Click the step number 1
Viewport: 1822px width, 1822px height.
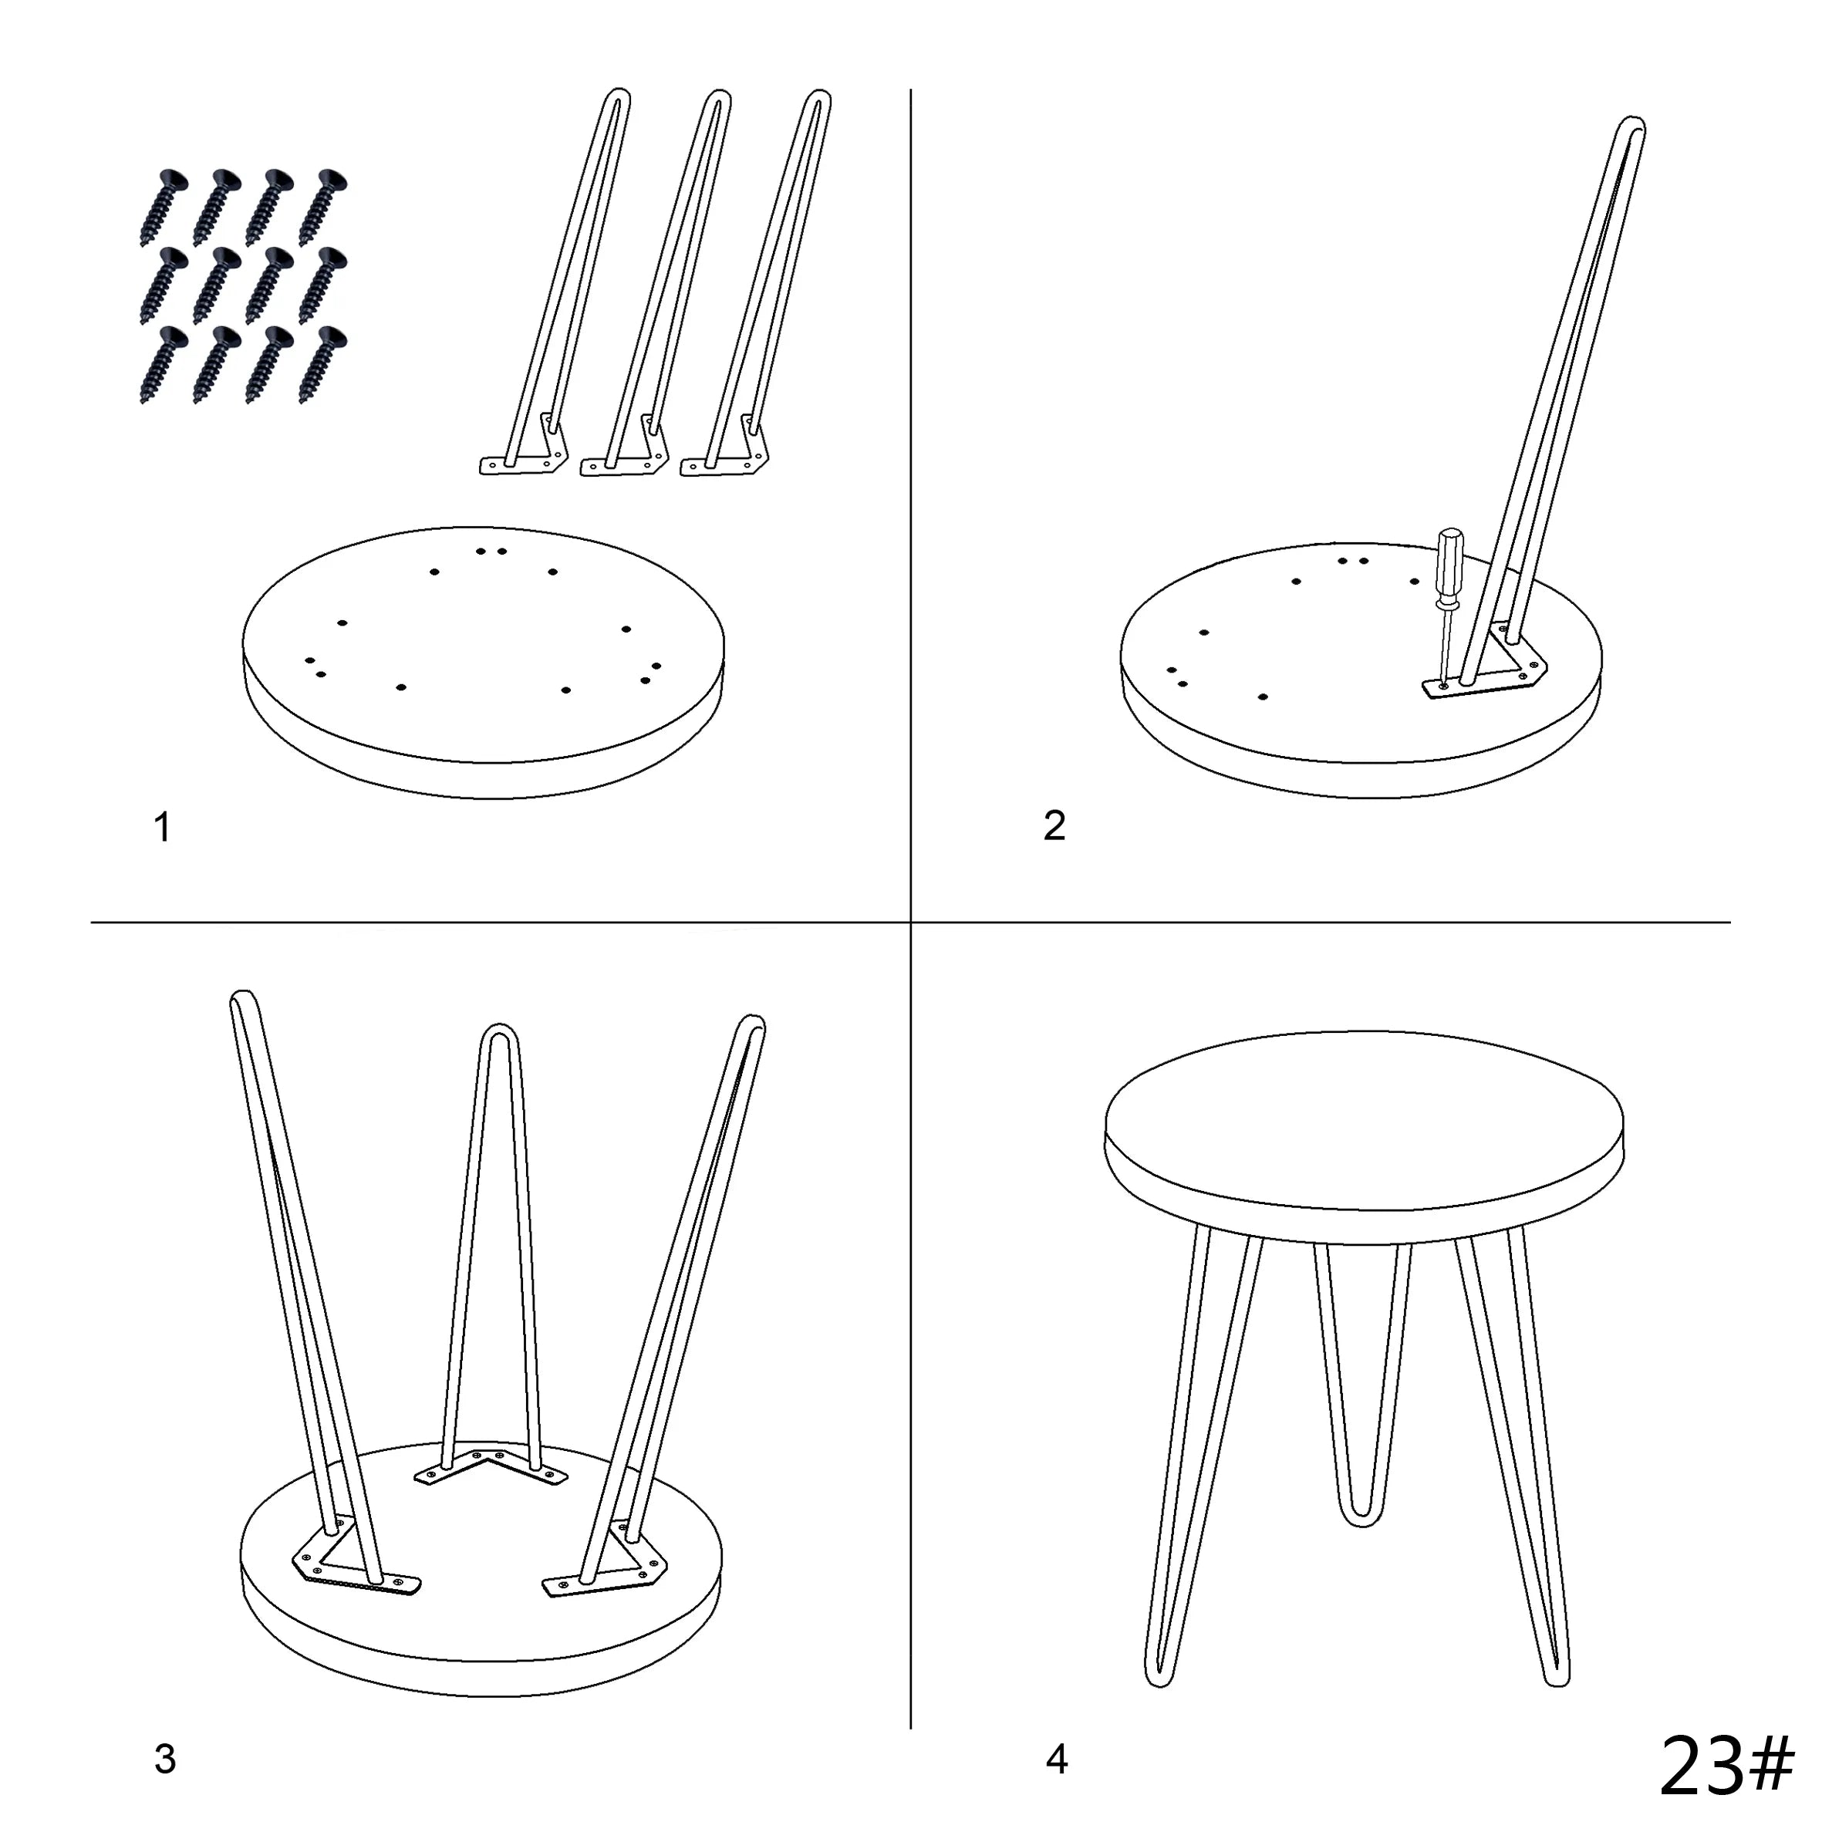[162, 827]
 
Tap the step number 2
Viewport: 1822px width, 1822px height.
[1054, 825]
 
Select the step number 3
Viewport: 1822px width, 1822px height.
[165, 1759]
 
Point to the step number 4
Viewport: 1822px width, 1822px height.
[1056, 1759]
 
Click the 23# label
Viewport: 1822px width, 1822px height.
[1725, 1764]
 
